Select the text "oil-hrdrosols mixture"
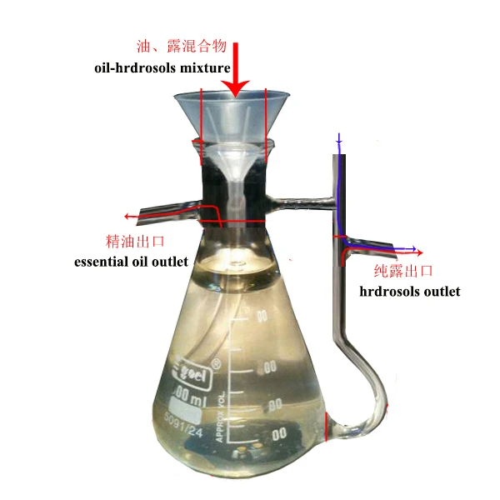pyautogui.click(x=162, y=67)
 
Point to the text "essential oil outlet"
pyautogui.click(x=131, y=262)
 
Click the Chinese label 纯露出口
pyautogui.click(x=404, y=272)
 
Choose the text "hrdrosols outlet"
pyautogui.click(x=410, y=292)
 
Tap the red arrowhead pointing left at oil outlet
pyautogui.click(x=127, y=216)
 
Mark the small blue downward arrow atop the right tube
pyautogui.click(x=338, y=142)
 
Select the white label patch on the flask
pyautogui.click(x=188, y=413)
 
